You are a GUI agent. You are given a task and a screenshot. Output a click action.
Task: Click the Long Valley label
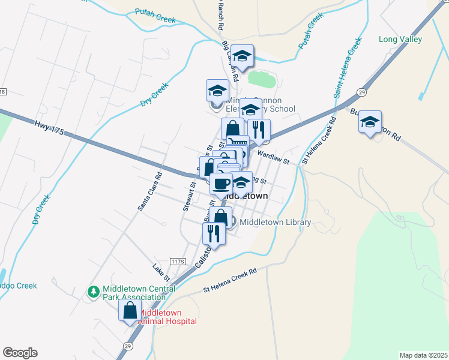point(400,40)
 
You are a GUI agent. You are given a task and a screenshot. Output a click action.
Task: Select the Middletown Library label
point(276,223)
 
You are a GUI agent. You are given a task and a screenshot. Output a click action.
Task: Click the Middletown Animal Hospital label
point(168,317)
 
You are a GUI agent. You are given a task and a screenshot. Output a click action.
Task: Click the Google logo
point(20,353)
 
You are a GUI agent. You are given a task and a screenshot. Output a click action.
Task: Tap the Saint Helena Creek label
point(348,68)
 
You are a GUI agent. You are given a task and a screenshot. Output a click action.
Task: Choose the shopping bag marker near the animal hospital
point(130,311)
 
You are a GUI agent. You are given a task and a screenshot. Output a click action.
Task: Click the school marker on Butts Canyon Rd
point(370,122)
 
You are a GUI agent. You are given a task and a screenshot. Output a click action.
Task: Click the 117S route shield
point(178,262)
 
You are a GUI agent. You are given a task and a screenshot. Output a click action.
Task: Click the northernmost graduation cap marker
point(242,56)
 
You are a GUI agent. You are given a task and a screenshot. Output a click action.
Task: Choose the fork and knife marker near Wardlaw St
point(259,129)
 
